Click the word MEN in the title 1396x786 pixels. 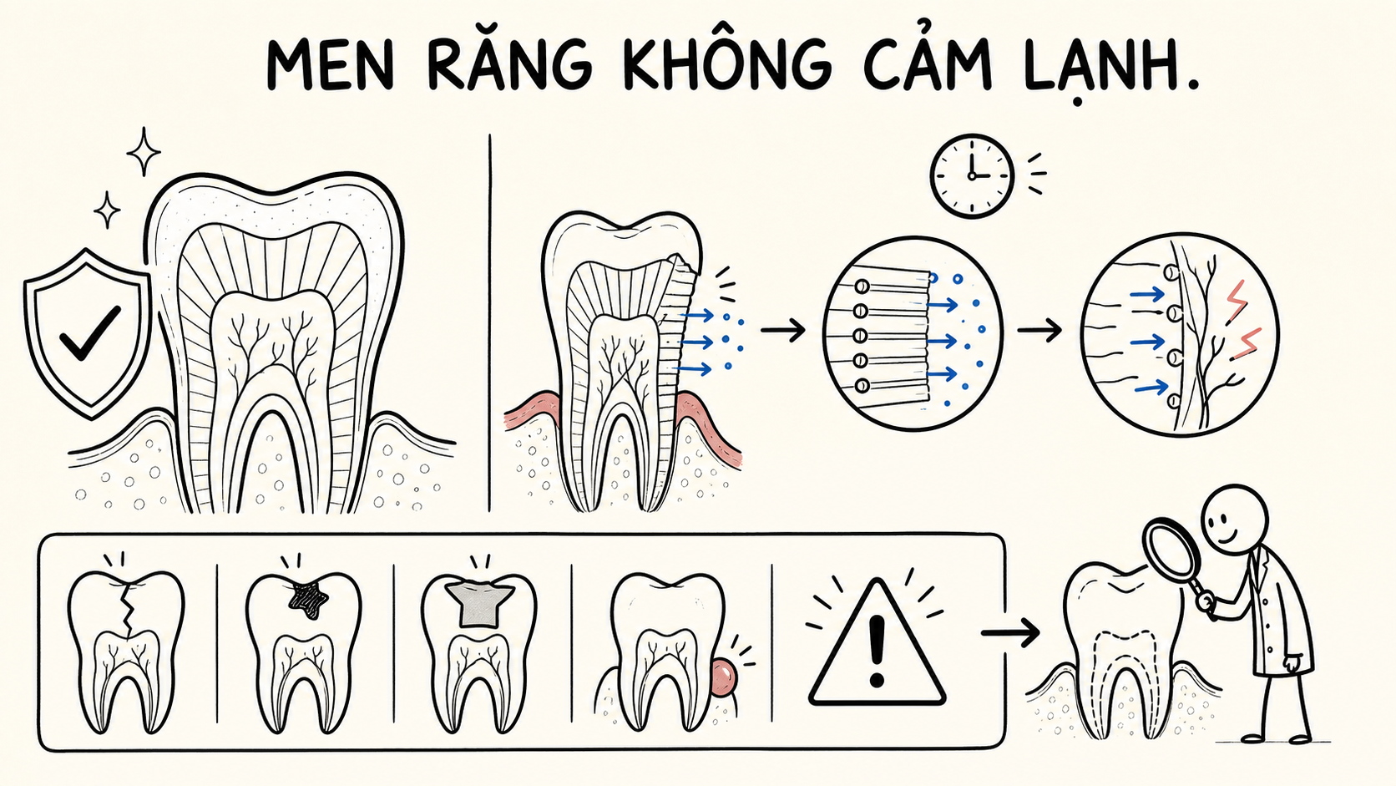point(330,65)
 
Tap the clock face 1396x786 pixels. point(972,175)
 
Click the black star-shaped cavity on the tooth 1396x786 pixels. point(307,598)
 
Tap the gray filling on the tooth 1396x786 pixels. point(480,603)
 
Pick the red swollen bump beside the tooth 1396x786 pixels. point(724,677)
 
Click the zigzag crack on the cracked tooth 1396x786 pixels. point(129,611)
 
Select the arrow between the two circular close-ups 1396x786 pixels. point(1039,330)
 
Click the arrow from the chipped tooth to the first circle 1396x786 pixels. point(783,330)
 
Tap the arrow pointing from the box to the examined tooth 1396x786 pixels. point(1010,633)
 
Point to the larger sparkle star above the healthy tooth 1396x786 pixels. point(144,151)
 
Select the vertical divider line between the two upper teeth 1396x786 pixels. point(490,323)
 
